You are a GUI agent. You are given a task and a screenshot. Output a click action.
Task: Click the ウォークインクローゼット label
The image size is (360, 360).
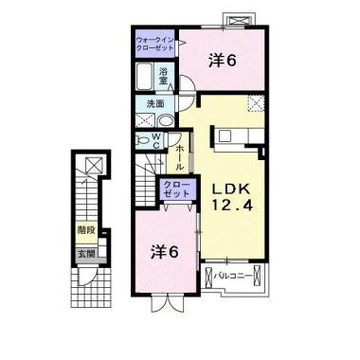click(154, 44)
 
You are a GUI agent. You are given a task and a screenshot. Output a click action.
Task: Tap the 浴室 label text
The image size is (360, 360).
click(163, 76)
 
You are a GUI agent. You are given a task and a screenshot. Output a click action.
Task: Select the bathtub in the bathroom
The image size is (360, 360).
click(145, 77)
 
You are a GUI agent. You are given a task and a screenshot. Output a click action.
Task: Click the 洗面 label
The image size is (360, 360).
click(155, 104)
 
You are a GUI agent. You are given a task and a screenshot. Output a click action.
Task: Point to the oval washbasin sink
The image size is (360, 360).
click(166, 121)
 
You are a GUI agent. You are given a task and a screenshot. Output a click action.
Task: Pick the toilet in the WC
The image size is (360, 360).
click(143, 139)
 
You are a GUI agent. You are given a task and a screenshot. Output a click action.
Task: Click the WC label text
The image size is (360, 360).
click(157, 141)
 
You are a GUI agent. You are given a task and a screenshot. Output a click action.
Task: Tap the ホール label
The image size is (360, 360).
click(179, 157)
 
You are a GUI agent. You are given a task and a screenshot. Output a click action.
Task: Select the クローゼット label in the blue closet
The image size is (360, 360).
click(176, 189)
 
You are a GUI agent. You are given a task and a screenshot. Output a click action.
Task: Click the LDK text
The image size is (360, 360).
click(231, 189)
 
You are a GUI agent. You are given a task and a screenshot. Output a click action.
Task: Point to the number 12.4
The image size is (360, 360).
click(232, 206)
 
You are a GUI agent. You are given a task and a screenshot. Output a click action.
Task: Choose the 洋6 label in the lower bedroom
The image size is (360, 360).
click(164, 252)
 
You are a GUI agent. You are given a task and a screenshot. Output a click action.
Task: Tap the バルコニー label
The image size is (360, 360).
click(233, 277)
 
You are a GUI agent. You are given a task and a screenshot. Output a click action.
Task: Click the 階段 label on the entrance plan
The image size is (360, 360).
click(86, 230)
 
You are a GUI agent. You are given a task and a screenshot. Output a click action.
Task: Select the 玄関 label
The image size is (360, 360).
click(86, 253)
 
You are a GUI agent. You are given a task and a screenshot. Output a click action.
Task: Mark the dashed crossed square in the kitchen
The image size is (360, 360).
click(256, 103)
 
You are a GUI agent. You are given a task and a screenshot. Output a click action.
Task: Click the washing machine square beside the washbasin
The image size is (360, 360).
click(145, 120)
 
